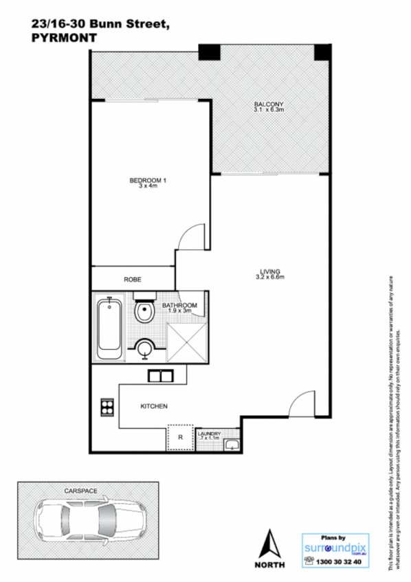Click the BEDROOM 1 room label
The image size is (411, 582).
[148, 181]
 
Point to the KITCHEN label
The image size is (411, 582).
[154, 406]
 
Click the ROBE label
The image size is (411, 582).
[133, 280]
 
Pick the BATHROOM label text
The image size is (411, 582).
[179, 306]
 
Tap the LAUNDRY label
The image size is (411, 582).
[209, 434]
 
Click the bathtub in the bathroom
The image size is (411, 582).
[110, 329]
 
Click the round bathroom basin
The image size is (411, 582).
[145, 350]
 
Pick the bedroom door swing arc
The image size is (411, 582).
[190, 236]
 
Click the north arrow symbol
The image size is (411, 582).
[269, 545]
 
